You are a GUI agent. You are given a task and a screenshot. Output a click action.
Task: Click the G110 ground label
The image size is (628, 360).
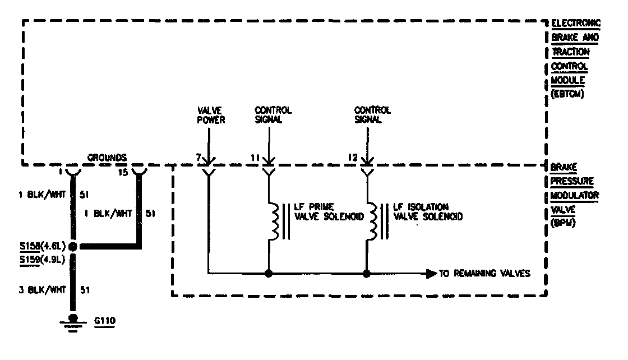coord(104,321)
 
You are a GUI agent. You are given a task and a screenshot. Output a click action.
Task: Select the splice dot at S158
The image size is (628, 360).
coord(73,246)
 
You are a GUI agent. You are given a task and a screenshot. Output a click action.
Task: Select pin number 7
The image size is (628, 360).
coord(199,159)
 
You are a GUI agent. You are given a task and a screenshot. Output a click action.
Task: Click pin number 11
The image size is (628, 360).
coord(255,159)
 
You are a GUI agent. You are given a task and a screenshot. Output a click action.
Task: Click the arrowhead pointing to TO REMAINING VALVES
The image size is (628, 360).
coord(431,274)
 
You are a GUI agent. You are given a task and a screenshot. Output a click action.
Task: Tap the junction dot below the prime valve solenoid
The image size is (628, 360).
coord(269,274)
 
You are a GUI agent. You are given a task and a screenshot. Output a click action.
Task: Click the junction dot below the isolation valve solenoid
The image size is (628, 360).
coord(367,274)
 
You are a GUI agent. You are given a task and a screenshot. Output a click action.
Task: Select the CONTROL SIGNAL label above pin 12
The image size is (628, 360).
coord(373,115)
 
